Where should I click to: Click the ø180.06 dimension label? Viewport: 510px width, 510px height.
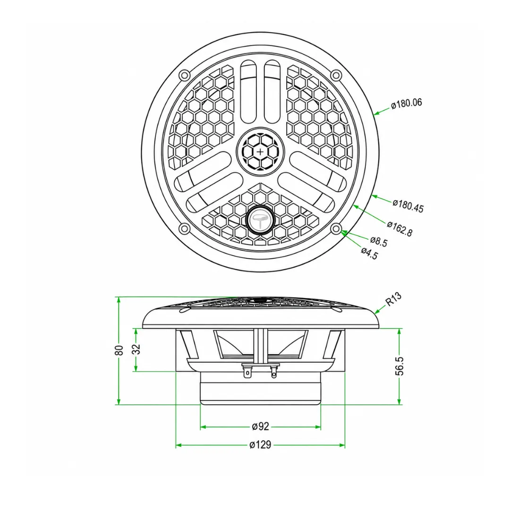406,104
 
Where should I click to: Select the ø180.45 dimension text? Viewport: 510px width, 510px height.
408,206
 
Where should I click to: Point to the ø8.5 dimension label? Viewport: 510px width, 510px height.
379,241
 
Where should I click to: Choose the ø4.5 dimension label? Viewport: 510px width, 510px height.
369,253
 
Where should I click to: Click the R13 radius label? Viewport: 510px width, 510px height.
393,299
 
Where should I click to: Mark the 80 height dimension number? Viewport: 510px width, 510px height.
119,350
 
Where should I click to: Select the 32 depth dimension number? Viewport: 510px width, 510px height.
136,349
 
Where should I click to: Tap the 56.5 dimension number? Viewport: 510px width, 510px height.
399,366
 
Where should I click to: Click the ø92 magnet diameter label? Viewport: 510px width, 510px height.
261,426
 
